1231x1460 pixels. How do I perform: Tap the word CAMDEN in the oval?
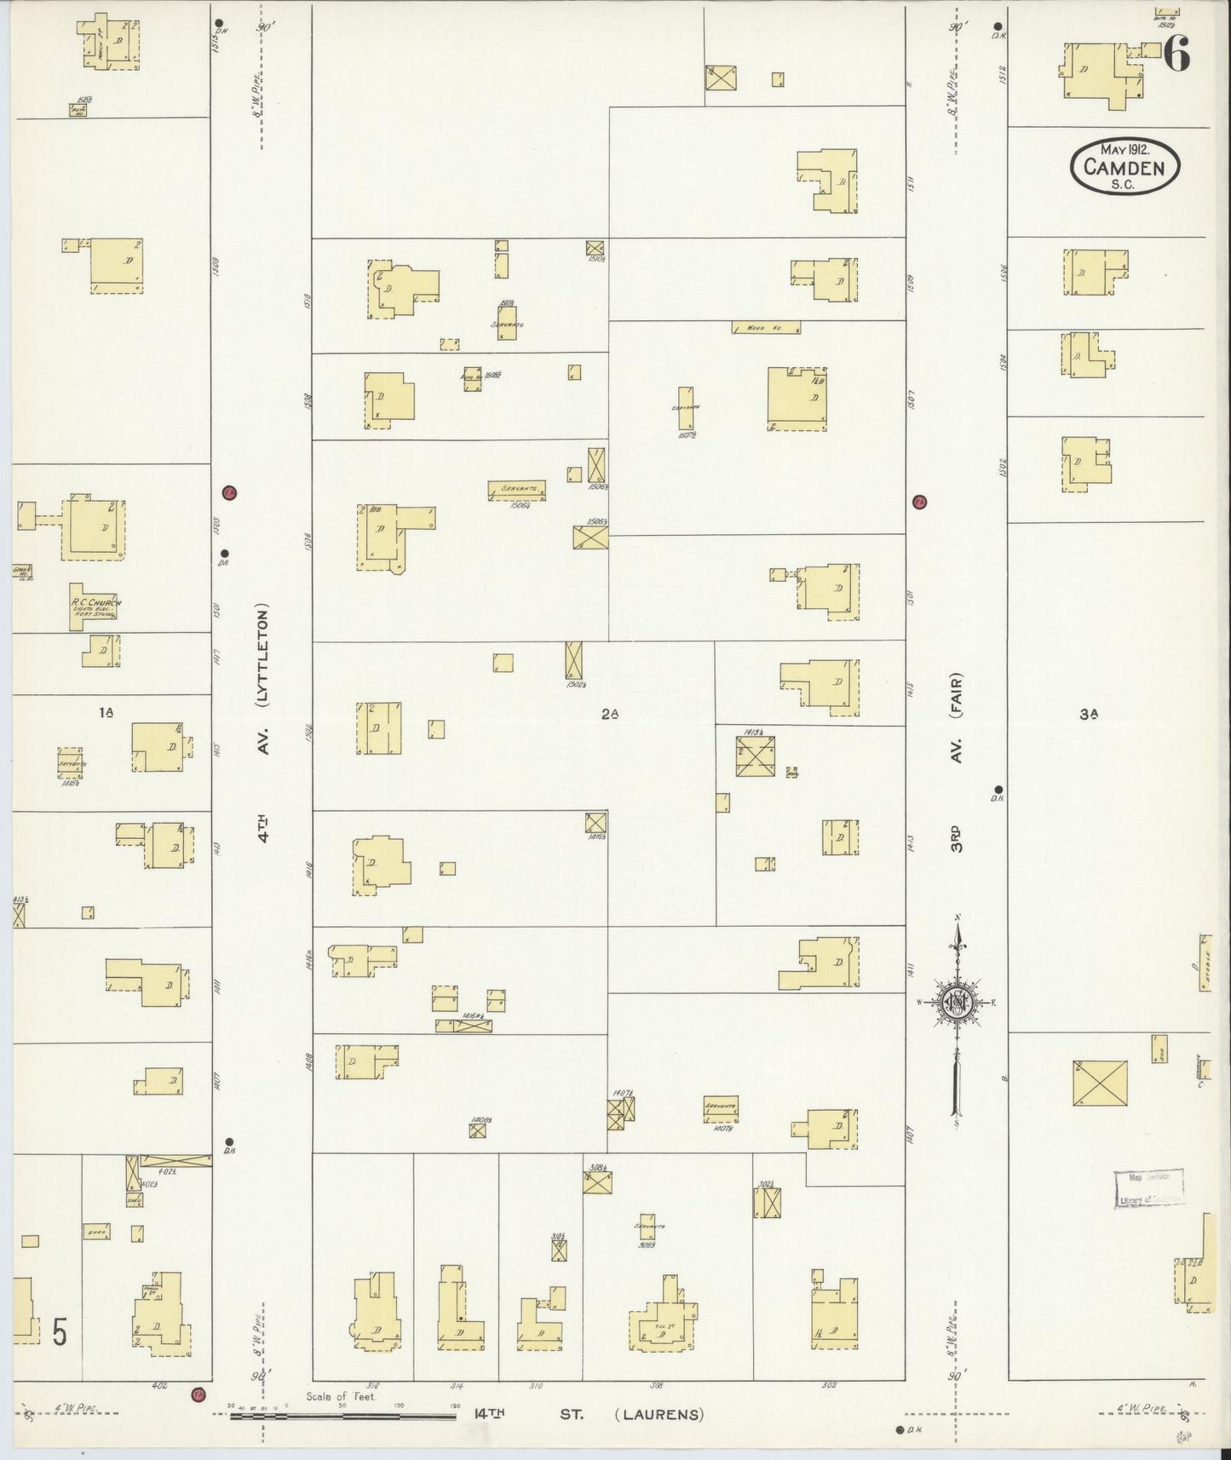tap(1125, 167)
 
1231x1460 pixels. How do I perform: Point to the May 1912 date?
tap(1125, 148)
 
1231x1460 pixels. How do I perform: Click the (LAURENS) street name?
tap(661, 1415)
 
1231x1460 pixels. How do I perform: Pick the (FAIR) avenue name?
tap(958, 698)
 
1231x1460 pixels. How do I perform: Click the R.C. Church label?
tap(96, 604)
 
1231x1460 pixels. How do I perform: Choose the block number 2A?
tap(608, 715)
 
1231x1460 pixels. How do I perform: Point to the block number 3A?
tap(1087, 715)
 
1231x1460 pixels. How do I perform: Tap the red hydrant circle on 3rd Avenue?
tap(919, 502)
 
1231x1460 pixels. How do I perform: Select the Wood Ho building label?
tap(765, 327)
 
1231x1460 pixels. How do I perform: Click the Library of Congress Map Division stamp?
tap(1148, 1189)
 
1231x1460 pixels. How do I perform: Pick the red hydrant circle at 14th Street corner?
tap(198, 1395)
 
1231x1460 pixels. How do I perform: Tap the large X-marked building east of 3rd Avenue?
tap(1100, 1084)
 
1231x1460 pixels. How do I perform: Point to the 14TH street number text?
tap(490, 1415)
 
